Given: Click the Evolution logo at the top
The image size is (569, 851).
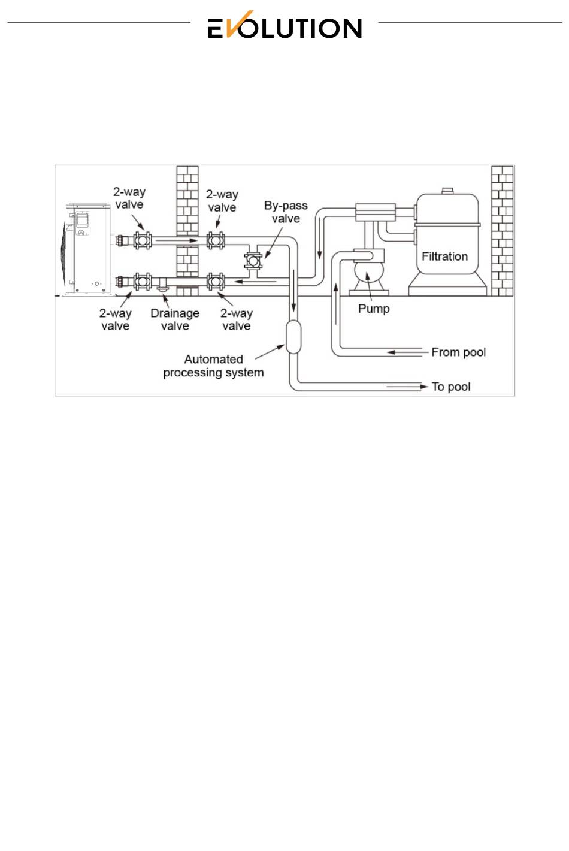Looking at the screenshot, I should click(284, 26).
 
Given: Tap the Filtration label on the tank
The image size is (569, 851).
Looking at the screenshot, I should click(444, 256).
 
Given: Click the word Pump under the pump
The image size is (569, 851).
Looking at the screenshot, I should click(374, 309).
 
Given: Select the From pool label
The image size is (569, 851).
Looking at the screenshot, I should click(458, 352).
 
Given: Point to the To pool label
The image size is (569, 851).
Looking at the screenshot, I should click(451, 387).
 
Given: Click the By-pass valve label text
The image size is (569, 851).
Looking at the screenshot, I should click(286, 212).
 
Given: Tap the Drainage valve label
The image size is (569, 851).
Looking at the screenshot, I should click(175, 319).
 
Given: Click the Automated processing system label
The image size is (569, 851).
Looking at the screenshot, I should click(213, 366).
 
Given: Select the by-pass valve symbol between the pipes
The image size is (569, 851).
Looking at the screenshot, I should click(253, 261).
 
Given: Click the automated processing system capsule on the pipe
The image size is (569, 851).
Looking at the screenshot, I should click(293, 337).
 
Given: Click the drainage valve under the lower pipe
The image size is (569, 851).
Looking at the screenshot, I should click(162, 289).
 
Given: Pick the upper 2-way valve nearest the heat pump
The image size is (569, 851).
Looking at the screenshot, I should click(143, 241).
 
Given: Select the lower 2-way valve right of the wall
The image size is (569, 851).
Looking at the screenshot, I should click(216, 281).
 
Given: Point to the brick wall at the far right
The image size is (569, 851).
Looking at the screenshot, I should click(502, 231).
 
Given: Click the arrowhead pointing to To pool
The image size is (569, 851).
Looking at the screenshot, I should click(424, 387).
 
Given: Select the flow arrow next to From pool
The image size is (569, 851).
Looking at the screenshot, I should click(392, 352).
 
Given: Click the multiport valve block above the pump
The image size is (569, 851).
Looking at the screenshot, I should click(375, 212).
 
